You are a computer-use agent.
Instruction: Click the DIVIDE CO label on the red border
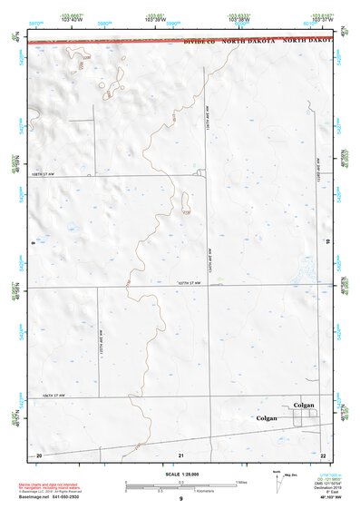(200, 42)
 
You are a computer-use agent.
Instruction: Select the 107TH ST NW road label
(188, 284)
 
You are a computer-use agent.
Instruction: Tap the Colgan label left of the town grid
(267, 418)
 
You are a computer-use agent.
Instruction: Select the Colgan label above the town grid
(303, 405)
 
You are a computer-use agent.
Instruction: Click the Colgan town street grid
(306, 417)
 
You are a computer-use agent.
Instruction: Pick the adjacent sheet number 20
(38, 454)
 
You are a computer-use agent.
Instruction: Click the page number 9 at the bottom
(180, 499)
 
